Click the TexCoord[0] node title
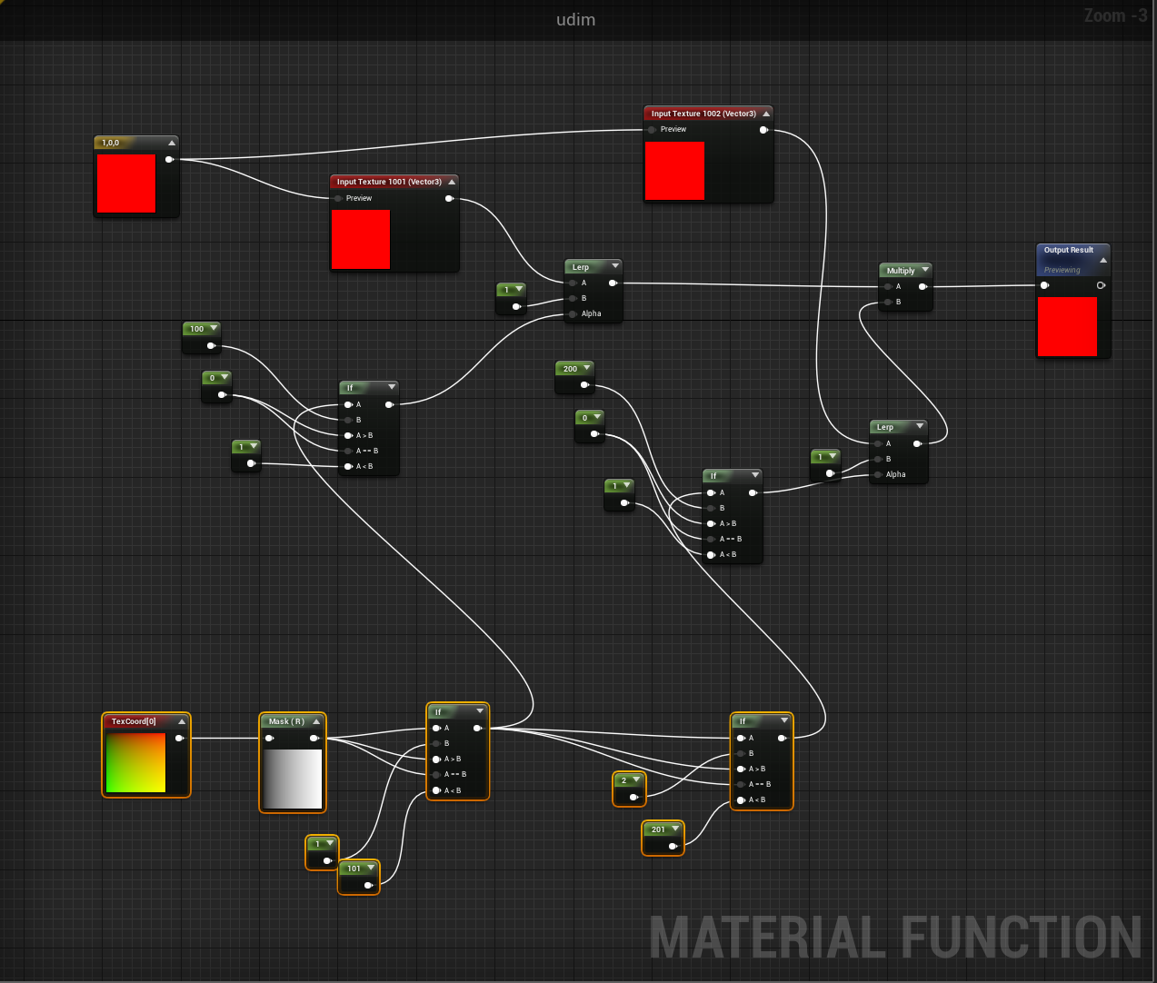point(134,721)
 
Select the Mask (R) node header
point(286,721)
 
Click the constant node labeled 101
point(354,869)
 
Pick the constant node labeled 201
point(658,829)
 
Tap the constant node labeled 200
point(570,369)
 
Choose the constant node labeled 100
point(197,329)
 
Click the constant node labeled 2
point(623,780)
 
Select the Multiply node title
point(901,271)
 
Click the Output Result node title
point(1069,250)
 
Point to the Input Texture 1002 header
point(703,114)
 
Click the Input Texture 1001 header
point(389,182)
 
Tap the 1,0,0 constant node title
point(111,143)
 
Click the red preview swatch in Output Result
point(1067,326)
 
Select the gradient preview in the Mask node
point(293,779)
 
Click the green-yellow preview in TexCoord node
point(136,762)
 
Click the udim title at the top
point(575,20)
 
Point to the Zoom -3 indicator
point(1115,15)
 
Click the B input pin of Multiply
point(888,302)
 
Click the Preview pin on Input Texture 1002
point(653,130)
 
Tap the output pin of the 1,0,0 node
point(169,160)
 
